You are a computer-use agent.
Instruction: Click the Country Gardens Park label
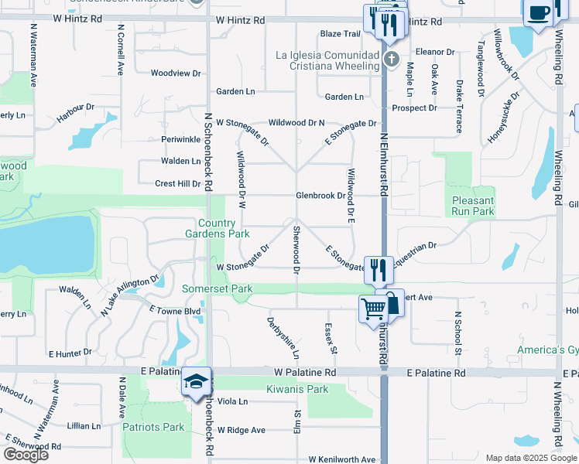tap(217, 228)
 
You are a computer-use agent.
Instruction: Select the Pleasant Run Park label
tap(473, 206)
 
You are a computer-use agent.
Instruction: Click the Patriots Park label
tap(153, 427)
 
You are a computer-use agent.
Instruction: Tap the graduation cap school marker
tap(195, 381)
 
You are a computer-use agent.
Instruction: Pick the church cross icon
tap(392, 59)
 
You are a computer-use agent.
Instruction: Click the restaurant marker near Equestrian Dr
tap(378, 269)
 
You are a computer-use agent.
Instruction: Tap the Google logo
tap(26, 455)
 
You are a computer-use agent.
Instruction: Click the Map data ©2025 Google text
tap(531, 458)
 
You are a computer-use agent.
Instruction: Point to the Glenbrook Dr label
tap(320, 196)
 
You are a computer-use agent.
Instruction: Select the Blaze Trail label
tap(341, 34)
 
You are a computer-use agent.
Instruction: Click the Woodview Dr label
tap(176, 73)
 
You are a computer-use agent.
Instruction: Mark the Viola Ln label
tap(232, 401)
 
